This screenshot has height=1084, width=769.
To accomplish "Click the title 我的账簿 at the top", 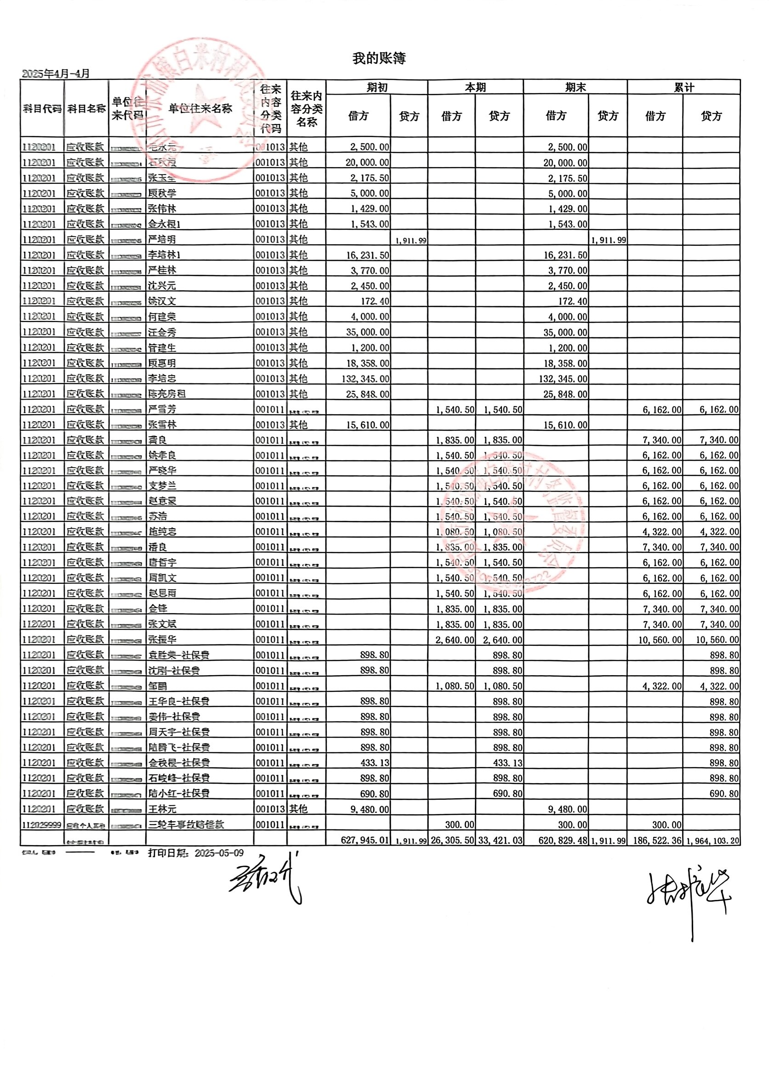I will point(379,58).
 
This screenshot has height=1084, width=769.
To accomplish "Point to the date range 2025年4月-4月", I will point(56,73).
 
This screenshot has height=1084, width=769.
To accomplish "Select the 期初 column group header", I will point(377,88).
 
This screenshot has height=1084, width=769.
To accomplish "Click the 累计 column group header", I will point(684,88).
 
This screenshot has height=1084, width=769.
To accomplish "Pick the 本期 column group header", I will point(475,88).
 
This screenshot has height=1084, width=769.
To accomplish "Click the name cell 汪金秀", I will point(162,332).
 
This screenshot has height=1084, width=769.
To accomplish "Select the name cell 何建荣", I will point(162,316).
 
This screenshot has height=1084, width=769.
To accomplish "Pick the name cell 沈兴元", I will point(162,286).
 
